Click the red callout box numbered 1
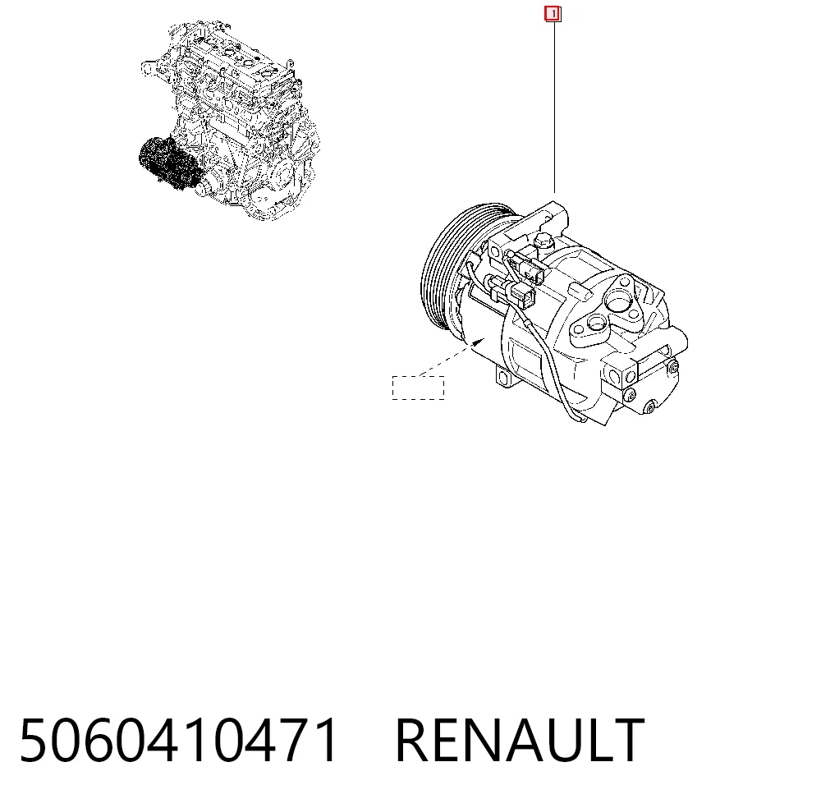pyautogui.click(x=553, y=14)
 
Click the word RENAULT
pyautogui.click(x=520, y=741)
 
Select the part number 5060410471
pyautogui.click(x=178, y=741)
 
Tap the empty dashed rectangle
pyautogui.click(x=419, y=388)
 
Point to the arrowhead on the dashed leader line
pyautogui.click(x=478, y=342)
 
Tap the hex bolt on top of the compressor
pyautogui.click(x=543, y=242)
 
